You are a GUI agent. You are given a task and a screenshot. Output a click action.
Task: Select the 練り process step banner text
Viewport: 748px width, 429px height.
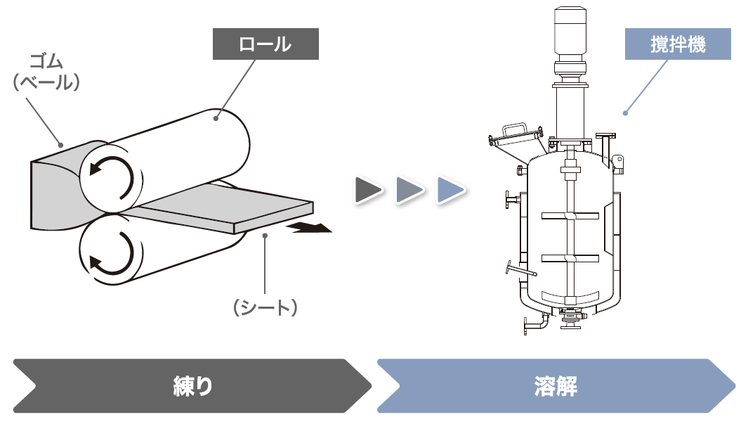tap(192, 386)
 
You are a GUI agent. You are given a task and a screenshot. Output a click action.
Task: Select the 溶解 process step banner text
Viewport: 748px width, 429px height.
tap(556, 386)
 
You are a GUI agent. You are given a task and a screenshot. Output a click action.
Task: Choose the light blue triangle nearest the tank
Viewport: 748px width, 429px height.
tap(450, 190)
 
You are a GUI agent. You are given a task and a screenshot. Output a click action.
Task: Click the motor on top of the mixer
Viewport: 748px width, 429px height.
tap(570, 31)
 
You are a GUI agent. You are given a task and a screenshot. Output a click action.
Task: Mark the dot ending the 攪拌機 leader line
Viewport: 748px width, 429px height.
tap(625, 112)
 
